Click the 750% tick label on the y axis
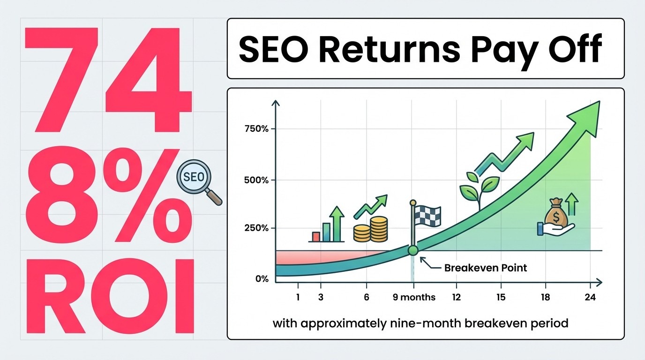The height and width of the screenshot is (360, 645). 256,129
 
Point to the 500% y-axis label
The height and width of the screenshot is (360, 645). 256,180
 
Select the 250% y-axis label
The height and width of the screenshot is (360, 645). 256,228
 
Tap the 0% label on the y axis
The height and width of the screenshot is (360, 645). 262,279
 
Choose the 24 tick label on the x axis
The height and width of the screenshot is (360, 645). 590,297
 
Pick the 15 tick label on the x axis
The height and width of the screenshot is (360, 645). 501,297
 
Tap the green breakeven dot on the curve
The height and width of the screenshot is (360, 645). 413,251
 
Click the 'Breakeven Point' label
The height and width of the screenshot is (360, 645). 485,268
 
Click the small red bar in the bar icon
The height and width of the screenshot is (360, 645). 316,236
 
